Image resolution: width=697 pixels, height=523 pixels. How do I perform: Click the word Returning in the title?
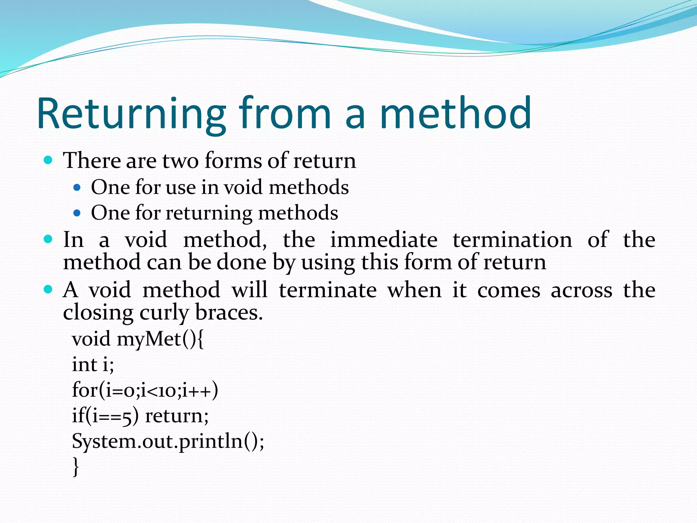pyautogui.click(x=131, y=114)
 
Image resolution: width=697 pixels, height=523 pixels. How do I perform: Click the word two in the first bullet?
pyautogui.click(x=180, y=161)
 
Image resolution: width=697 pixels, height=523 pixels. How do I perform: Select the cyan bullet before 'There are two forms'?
pyautogui.click(x=48, y=160)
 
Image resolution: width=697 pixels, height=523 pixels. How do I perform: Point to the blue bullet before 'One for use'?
pyautogui.click(x=77, y=187)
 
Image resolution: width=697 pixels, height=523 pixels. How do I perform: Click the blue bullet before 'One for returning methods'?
pyautogui.click(x=77, y=213)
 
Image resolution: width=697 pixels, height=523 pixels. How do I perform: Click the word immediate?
pyautogui.click(x=384, y=240)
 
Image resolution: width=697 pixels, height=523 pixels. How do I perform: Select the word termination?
pyautogui.click(x=512, y=240)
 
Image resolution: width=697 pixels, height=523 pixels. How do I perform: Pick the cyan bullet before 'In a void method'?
pyautogui.click(x=48, y=239)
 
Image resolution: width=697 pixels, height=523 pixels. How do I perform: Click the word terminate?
pyautogui.click(x=327, y=290)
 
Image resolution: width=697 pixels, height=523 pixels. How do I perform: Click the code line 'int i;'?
pyautogui.click(x=93, y=364)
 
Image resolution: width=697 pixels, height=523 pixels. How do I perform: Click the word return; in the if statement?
pyautogui.click(x=177, y=416)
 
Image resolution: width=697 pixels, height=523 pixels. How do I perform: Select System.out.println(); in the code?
pyautogui.click(x=168, y=442)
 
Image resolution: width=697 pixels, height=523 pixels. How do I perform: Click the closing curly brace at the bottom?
pyautogui.click(x=76, y=466)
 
